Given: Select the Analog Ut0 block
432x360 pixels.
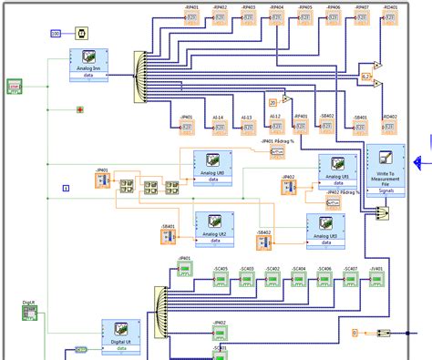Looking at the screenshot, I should (x=212, y=168).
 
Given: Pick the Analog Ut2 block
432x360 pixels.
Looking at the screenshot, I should (x=214, y=228).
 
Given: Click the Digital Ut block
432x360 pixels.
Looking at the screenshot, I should (x=119, y=334).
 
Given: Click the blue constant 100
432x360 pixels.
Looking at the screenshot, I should (x=56, y=34).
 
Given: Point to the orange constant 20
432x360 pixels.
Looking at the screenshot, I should (x=273, y=102).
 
